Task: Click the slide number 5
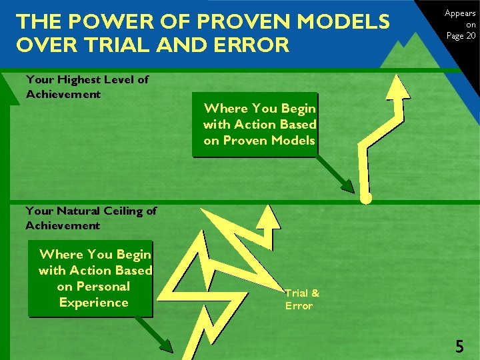(459, 346)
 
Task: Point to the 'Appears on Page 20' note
(460, 25)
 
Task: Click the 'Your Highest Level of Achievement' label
(87, 87)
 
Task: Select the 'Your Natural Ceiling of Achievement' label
(91, 218)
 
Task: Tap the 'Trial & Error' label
(302, 299)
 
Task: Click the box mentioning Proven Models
(259, 125)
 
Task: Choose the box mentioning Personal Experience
(94, 279)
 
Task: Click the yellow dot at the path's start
(366, 199)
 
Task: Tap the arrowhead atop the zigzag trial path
(269, 215)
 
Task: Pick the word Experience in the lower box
(93, 303)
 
